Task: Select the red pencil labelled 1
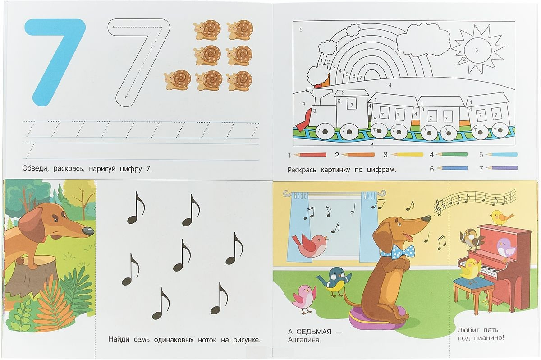(x=310, y=155)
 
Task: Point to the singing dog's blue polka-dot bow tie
(x=397, y=250)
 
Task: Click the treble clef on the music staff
(x=438, y=208)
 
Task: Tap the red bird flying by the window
(x=310, y=245)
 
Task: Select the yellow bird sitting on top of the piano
(x=501, y=218)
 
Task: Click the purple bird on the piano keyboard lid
(x=506, y=249)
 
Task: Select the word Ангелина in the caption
(x=305, y=340)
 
